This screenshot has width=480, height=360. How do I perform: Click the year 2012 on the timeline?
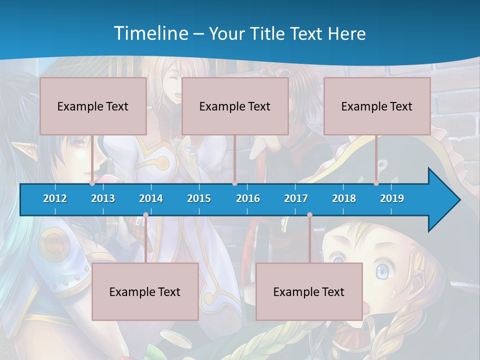point(55,198)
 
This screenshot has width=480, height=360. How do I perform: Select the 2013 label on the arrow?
point(103,198)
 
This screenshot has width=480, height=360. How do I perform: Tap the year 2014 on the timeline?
point(151,198)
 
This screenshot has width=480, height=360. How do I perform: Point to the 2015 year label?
point(199,198)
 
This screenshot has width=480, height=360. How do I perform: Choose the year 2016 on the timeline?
point(248,198)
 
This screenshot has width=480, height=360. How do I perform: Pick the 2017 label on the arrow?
point(296,198)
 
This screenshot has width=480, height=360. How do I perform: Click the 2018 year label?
point(344,198)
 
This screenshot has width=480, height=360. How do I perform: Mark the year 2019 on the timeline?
point(392,198)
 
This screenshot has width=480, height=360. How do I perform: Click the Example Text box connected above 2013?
point(93,106)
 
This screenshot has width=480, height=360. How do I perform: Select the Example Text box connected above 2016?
point(235,106)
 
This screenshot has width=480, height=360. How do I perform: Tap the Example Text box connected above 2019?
point(377,106)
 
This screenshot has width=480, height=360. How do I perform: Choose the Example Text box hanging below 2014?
point(145,291)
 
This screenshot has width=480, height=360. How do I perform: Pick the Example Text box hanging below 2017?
point(309,291)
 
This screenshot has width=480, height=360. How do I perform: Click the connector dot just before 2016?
point(234,183)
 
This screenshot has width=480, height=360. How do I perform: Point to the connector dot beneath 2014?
point(145,215)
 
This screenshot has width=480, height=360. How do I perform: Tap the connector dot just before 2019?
point(376,183)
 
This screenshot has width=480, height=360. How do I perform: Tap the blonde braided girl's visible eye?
point(382,271)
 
